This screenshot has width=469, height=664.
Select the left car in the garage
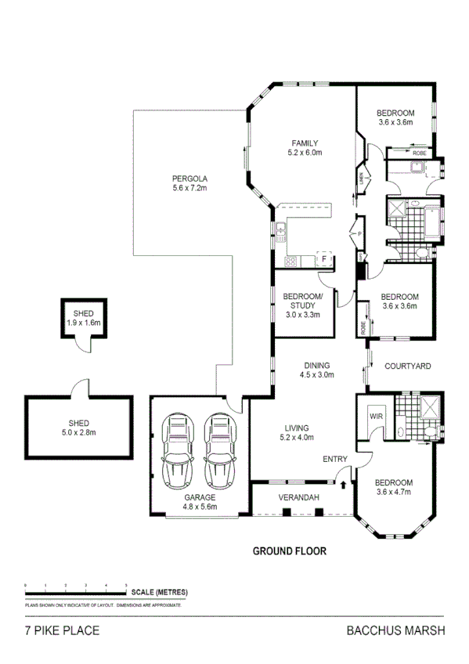[177, 449]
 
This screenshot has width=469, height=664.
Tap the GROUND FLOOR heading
[289, 550]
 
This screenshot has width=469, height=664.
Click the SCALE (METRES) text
[160, 591]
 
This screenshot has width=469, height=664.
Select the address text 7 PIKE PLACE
[62, 630]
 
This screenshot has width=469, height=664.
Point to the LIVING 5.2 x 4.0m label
[298, 432]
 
